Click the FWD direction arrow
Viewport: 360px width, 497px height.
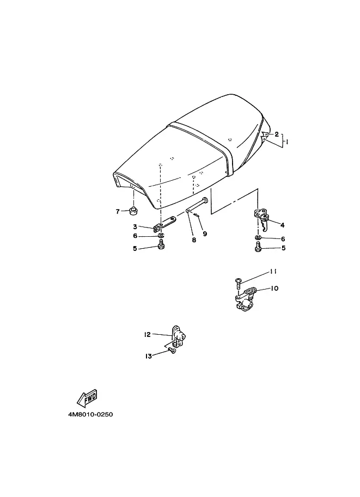(x=87, y=398)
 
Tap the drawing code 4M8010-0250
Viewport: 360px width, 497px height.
(x=90, y=415)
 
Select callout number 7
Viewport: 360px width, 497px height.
(x=118, y=211)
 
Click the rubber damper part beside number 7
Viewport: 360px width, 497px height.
(x=133, y=210)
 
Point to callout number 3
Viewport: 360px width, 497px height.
(x=135, y=226)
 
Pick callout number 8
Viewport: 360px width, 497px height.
(x=194, y=240)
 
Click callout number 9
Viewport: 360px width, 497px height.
(x=205, y=234)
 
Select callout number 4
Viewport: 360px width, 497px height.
(x=282, y=225)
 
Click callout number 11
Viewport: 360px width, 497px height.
(x=273, y=272)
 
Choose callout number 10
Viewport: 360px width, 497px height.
(x=274, y=289)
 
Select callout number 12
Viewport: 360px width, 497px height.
(x=147, y=334)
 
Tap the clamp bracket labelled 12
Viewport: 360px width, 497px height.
(x=178, y=338)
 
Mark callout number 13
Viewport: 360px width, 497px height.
(x=149, y=356)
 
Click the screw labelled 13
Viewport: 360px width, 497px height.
(x=172, y=350)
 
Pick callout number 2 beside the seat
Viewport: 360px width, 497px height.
(x=277, y=134)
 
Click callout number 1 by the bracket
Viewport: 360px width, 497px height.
(x=286, y=143)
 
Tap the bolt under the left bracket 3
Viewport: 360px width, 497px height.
(x=161, y=245)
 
